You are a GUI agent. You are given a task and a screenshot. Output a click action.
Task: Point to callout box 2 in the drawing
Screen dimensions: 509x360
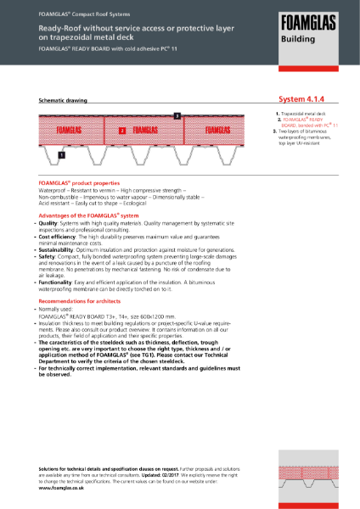(122, 131)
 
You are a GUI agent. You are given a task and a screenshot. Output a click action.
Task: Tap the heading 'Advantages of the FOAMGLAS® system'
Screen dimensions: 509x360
(88, 215)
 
